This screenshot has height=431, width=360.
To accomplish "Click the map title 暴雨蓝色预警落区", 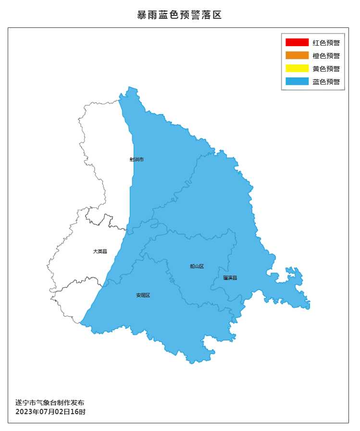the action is click(179, 15).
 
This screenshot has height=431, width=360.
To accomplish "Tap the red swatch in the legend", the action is click(297, 42).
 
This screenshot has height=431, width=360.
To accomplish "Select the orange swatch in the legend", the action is click(297, 55).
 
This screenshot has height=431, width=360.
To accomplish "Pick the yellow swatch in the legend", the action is click(297, 68).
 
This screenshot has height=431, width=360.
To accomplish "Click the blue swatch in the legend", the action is click(297, 81).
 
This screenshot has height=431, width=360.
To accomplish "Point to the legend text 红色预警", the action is click(326, 43).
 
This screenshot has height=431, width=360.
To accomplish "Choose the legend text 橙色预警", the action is click(326, 56).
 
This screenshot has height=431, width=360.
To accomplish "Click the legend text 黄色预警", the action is click(326, 69).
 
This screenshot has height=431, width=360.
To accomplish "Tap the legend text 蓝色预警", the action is click(326, 82).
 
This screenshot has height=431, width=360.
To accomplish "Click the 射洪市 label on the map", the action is click(137, 159).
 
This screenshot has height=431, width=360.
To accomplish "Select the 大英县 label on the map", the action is click(100, 251).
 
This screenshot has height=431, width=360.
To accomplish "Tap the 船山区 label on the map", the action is click(197, 266).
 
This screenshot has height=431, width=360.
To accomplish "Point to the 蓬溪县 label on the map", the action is click(230, 278).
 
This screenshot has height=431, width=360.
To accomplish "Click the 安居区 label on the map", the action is click(143, 295).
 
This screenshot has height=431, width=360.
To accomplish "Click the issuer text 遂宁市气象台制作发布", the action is click(50, 403).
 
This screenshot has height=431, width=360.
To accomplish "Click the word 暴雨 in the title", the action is click(146, 15).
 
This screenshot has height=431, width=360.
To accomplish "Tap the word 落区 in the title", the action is click(213, 15).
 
